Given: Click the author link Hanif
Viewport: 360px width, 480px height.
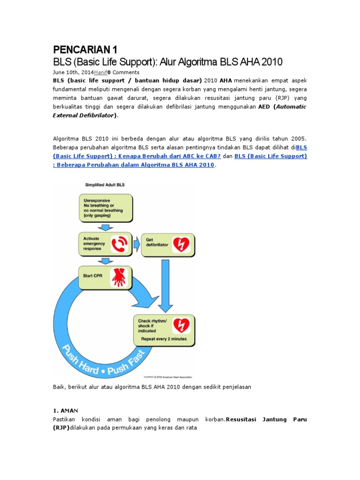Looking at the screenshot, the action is click(100, 73).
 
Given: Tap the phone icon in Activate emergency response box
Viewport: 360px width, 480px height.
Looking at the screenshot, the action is click(119, 244).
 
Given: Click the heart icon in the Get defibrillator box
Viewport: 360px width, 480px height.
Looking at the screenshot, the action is click(180, 244).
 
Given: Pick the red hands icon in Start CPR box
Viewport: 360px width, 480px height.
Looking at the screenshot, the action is click(119, 277).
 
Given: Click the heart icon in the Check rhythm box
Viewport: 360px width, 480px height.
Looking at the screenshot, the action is click(180, 325).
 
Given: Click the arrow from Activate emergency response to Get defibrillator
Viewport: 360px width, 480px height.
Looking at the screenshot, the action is click(136, 244).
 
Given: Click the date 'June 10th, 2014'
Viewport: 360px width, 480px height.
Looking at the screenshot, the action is click(73, 73).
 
